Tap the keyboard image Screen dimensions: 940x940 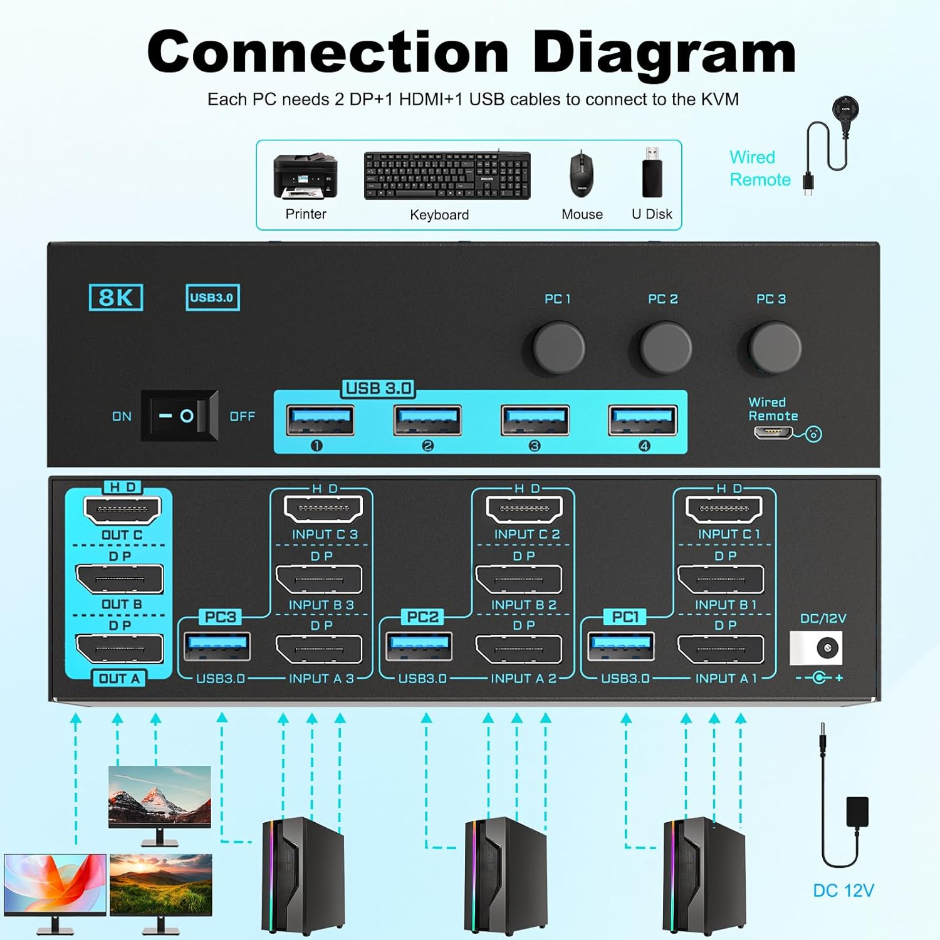point(447,176)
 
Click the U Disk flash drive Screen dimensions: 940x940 point(652,172)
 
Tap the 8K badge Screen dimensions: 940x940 point(116,297)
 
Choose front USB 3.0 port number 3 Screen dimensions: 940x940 point(535,420)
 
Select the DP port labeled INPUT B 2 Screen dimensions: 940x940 point(518,580)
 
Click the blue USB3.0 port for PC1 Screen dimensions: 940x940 point(621,646)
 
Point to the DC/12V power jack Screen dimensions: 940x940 point(825,647)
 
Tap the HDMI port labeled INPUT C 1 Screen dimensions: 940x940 point(724,509)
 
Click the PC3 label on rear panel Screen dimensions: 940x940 point(220,617)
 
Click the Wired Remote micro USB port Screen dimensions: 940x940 point(773,432)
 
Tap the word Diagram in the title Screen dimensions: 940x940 point(664,53)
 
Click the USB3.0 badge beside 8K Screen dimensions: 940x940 point(212,298)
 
